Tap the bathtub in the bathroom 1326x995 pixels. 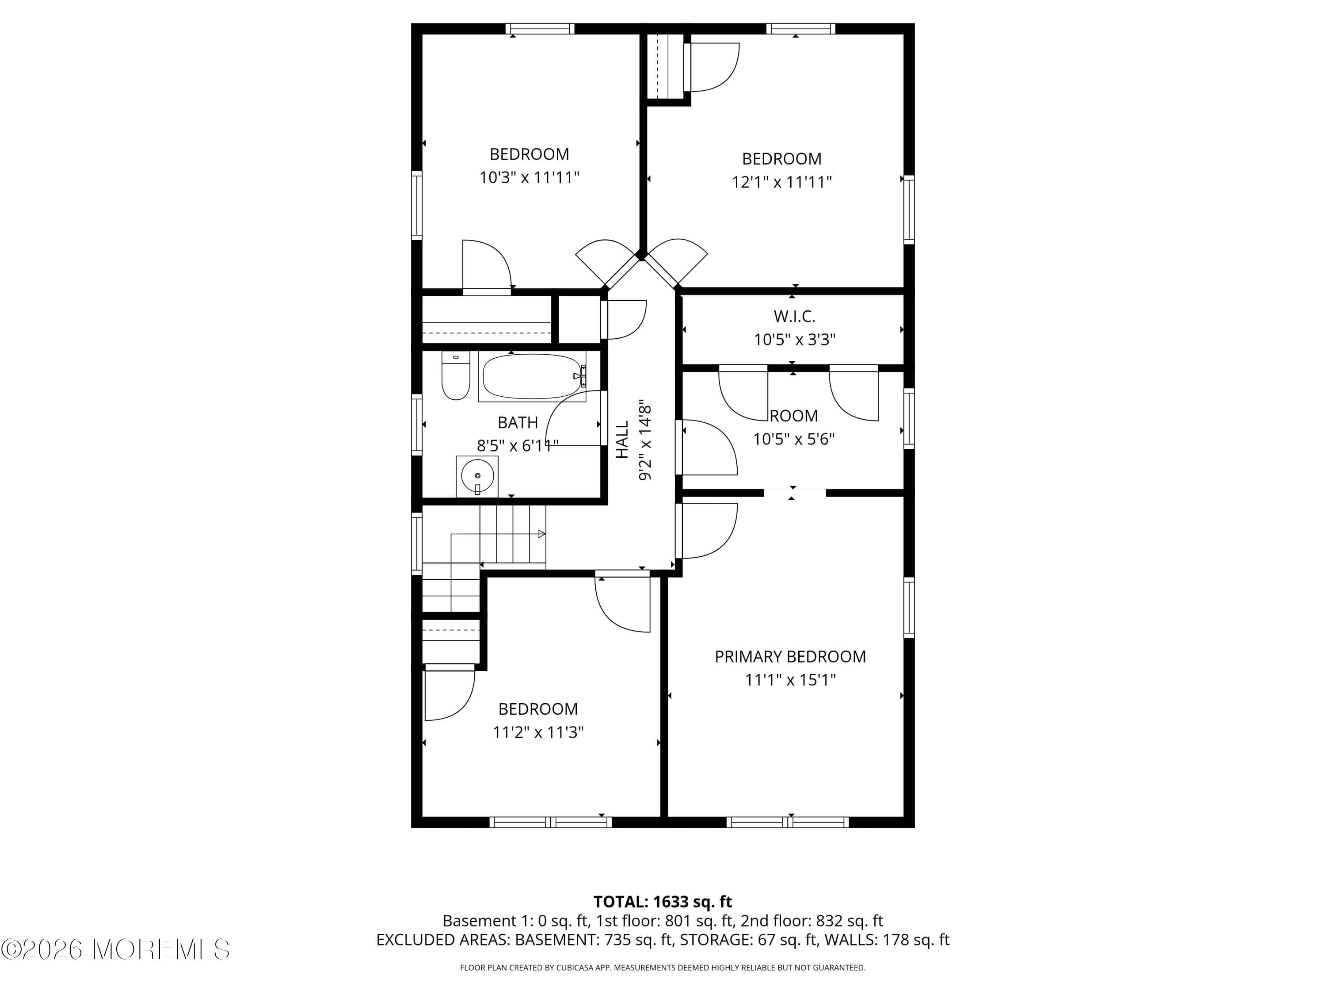coord(532,377)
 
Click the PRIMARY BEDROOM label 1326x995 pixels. coord(790,657)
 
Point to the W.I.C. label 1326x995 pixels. coord(794,316)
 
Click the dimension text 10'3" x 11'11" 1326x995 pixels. coord(530,177)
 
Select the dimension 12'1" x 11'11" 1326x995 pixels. coord(782,182)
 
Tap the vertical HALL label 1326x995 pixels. coord(623,439)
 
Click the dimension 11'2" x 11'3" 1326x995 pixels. coord(538,732)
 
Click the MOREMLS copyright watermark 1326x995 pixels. coord(115,949)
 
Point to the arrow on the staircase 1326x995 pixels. coord(541,534)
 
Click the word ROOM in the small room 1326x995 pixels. coord(794,416)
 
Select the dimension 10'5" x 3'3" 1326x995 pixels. coord(794,340)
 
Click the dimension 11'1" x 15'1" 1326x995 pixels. coord(790,680)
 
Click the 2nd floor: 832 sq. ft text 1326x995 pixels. coord(812,921)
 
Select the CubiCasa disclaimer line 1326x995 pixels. coord(663,968)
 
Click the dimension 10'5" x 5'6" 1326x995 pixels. coord(794,439)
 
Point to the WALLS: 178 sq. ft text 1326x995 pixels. coord(887,940)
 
